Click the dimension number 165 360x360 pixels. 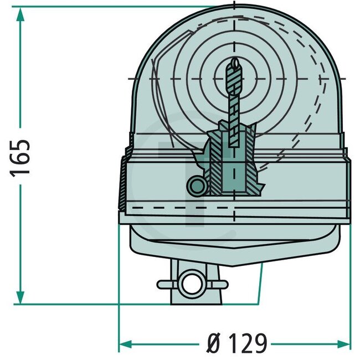pyautogui.click(x=21, y=157)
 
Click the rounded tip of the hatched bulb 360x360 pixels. pyautogui.click(x=235, y=65)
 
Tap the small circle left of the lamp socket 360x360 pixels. pyautogui.click(x=196, y=187)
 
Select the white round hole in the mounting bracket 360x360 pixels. pyautogui.click(x=191, y=284)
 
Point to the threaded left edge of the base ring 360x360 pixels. pyautogui.click(x=121, y=186)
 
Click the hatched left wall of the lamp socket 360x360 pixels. pyautogui.click(x=215, y=166)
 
